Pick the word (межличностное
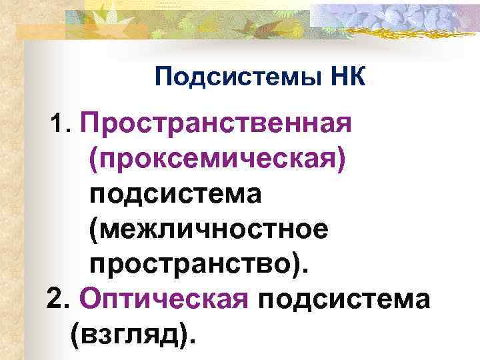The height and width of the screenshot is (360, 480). [207, 231]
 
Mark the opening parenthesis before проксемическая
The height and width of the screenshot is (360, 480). [92, 160]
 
